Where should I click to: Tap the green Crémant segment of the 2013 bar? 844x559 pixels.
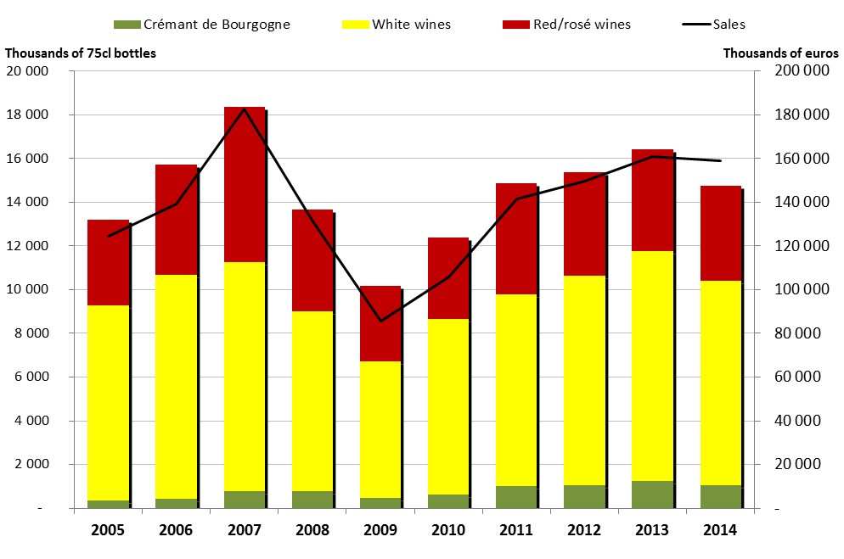[652, 495]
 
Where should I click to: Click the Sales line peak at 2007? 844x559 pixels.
[245, 109]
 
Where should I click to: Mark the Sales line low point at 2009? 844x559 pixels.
[380, 321]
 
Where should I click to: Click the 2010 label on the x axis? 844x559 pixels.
[448, 530]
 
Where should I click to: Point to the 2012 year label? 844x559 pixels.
[584, 530]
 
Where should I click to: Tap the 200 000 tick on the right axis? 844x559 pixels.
[802, 71]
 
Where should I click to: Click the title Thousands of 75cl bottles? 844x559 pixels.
[81, 53]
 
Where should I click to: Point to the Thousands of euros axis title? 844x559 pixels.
[780, 53]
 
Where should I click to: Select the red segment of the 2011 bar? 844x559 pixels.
[516, 238]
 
